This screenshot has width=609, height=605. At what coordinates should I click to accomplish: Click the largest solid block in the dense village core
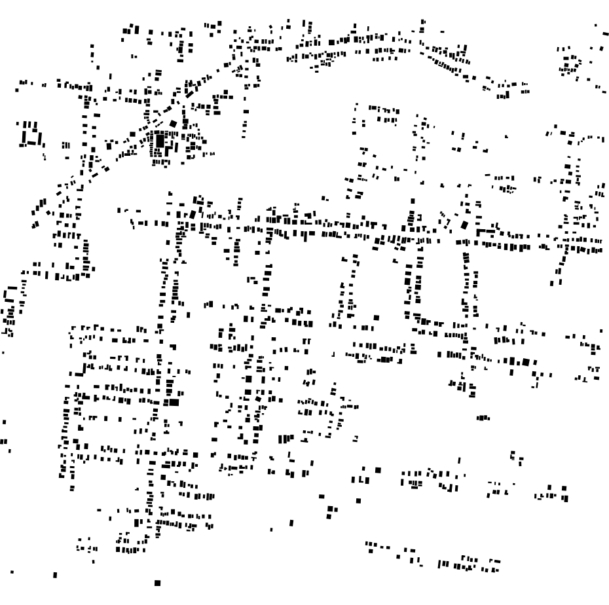[x=159, y=140]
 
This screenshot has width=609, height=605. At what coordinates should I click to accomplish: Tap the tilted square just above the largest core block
[x=174, y=123]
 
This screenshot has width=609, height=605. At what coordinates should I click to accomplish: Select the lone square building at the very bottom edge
[x=157, y=582]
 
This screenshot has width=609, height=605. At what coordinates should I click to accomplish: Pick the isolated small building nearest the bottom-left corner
[x=54, y=576]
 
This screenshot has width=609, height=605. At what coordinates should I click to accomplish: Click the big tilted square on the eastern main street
[x=464, y=225]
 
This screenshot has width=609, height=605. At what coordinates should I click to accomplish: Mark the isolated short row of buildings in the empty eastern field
[x=483, y=417]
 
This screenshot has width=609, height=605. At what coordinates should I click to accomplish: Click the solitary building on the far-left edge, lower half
[x=5, y=422]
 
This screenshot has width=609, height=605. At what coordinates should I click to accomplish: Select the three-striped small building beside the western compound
[x=65, y=145]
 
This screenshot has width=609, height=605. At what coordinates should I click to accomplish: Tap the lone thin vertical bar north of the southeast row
[x=459, y=460]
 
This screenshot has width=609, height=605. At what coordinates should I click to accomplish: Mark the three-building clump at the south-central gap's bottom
[x=331, y=511]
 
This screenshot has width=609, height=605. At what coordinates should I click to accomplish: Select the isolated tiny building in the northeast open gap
[x=506, y=136]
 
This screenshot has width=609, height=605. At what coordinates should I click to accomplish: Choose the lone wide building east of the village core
[x=246, y=111]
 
